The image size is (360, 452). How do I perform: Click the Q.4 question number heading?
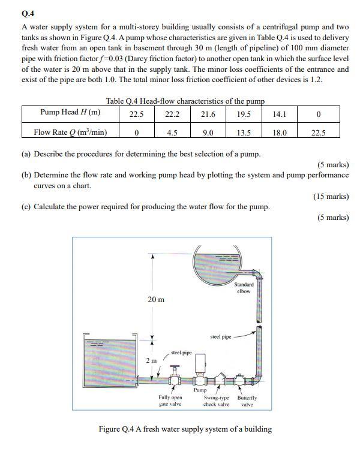pyautogui.click(x=28, y=13)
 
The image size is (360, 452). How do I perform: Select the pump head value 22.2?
pyautogui.click(x=172, y=113)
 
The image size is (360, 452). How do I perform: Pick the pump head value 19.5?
pyautogui.click(x=244, y=113)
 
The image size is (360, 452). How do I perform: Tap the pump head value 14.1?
pyautogui.click(x=280, y=113)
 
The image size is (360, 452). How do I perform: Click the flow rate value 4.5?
pyautogui.click(x=172, y=132)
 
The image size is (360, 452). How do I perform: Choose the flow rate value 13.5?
pyautogui.click(x=244, y=132)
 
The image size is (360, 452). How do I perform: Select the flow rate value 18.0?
pyautogui.click(x=280, y=132)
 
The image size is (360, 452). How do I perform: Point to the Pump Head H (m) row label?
pyautogui.click(x=70, y=113)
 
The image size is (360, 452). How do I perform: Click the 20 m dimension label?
pyautogui.click(x=156, y=299)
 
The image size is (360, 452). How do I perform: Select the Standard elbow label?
pyautogui.click(x=244, y=288)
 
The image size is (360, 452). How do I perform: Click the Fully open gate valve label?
pyautogui.click(x=170, y=400)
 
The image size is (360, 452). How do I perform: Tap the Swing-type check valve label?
pyautogui.click(x=217, y=400)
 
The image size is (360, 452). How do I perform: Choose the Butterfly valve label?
pyautogui.click(x=247, y=400)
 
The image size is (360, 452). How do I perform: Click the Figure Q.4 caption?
pyautogui.click(x=185, y=429)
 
